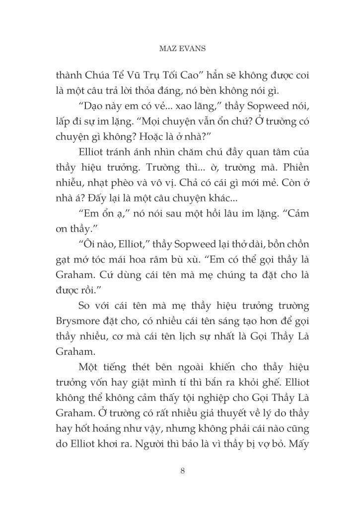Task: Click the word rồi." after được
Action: point(85,290)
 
